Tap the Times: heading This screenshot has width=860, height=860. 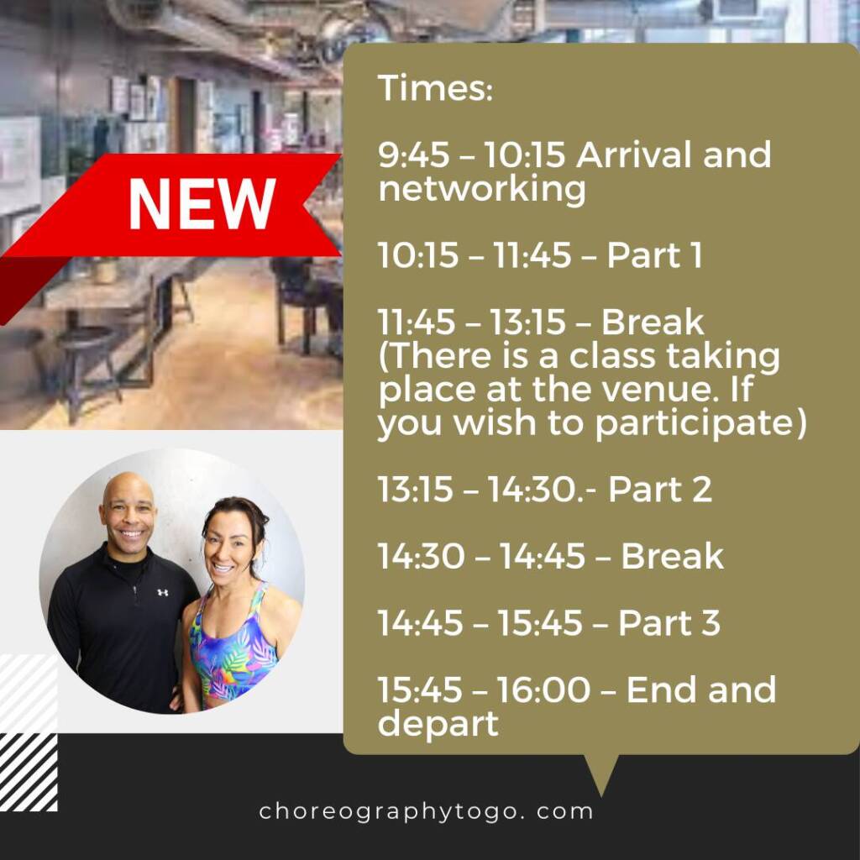point(436,87)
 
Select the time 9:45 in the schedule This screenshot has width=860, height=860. point(413,155)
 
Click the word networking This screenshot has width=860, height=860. point(482,190)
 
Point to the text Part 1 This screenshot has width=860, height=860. point(654,255)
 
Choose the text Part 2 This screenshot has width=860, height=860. point(660,490)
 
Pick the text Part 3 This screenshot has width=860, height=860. point(669,623)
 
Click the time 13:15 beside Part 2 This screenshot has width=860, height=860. point(415,490)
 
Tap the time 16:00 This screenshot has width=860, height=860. point(543,690)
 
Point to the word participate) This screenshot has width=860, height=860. point(701,424)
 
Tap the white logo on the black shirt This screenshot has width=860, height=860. point(162,592)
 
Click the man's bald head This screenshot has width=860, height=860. point(128,490)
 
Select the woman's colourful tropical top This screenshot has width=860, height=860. point(233,648)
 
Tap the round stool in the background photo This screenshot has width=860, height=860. point(83,336)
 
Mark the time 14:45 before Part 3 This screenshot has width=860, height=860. point(420,623)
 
